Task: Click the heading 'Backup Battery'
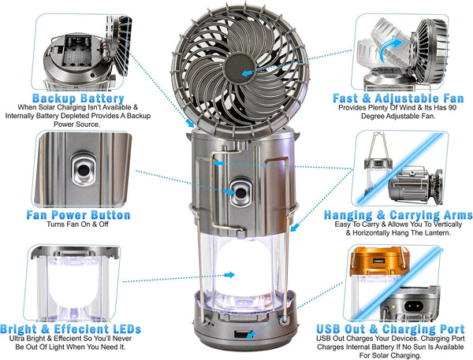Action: point(78,98)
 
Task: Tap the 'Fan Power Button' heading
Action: point(78,215)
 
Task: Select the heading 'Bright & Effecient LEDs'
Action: point(71,329)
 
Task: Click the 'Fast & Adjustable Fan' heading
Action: point(398,98)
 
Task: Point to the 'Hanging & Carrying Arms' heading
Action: point(398,215)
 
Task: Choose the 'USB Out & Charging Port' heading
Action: point(390,328)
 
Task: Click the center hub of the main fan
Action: point(240,69)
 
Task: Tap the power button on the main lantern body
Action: point(240,192)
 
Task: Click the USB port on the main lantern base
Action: point(241,334)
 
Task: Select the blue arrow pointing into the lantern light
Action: point(229,275)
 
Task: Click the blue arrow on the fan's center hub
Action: point(247,73)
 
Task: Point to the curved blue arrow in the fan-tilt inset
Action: point(390,48)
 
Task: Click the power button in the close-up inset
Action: point(84,170)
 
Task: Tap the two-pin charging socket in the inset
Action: point(412,306)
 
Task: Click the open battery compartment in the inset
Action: point(77,50)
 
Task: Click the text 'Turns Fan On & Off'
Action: point(77,225)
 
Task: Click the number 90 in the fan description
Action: point(453,108)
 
